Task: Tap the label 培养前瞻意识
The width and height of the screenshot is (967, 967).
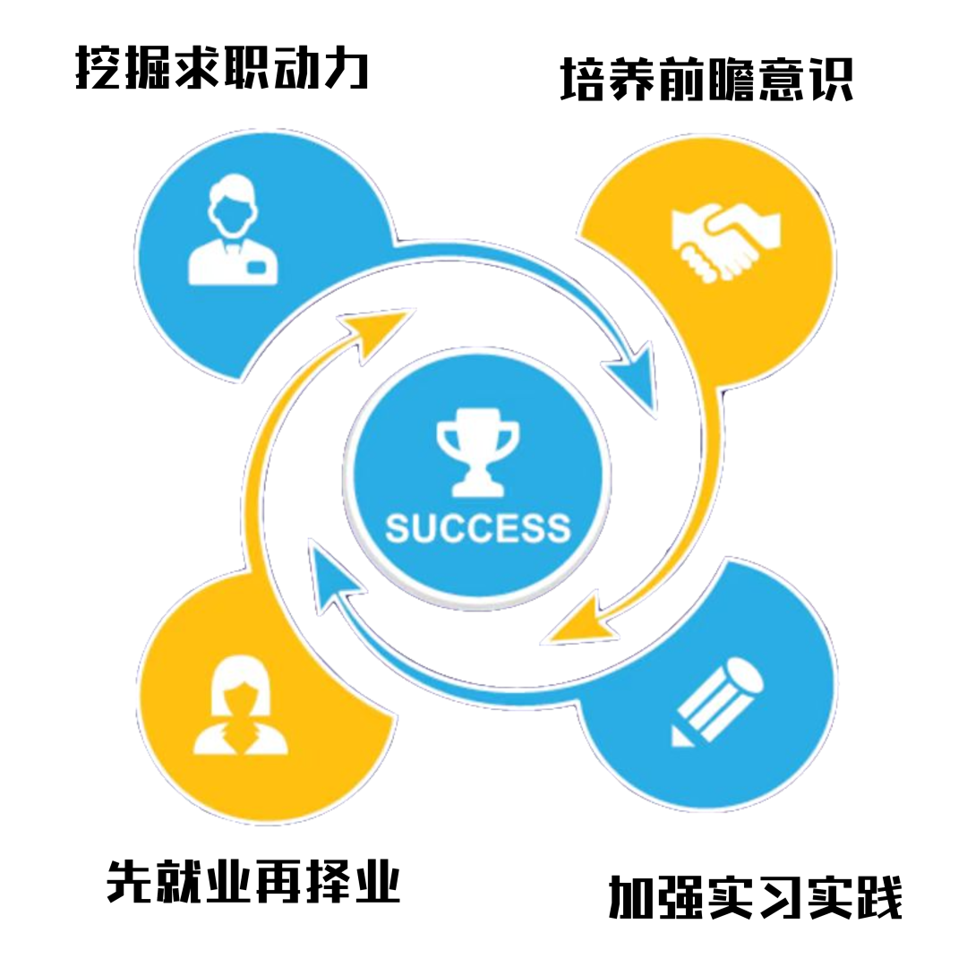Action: pos(706,81)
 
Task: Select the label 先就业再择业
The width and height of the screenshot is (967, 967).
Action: pos(253,882)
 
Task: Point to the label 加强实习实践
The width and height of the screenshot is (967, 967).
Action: pos(755,897)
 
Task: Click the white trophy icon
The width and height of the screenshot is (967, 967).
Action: pos(476,455)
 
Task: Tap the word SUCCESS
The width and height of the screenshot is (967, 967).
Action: pos(477,527)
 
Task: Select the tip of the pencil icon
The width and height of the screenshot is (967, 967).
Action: pos(680,736)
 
